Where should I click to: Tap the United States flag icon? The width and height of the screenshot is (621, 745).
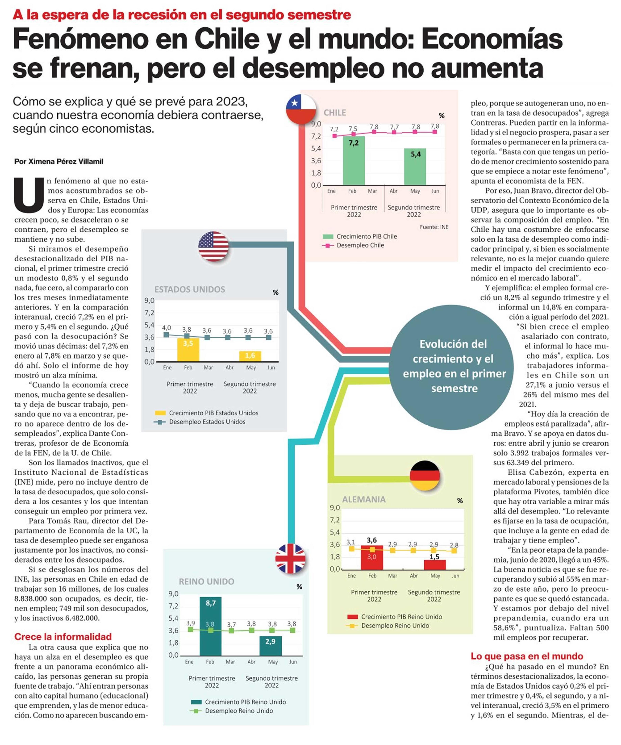(213, 246)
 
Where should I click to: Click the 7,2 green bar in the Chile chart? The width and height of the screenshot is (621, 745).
(353, 160)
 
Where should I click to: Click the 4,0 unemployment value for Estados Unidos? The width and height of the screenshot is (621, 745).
(166, 328)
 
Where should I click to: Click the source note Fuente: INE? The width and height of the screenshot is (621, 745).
(434, 227)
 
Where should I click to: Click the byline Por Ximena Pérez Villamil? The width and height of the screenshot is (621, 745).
(59, 161)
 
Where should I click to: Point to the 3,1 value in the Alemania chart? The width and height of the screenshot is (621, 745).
(351, 542)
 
